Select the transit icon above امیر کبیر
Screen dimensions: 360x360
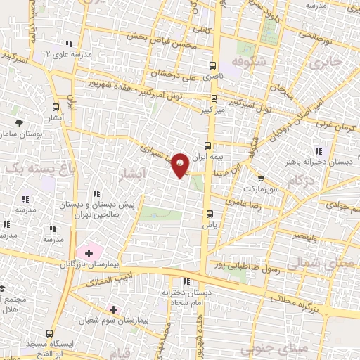pos(214,98)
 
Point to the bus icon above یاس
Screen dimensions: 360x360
pos(209,214)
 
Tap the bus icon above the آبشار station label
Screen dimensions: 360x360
pos(56,108)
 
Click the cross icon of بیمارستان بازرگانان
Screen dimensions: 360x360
pos(89,252)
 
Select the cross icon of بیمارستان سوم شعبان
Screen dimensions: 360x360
pos(113,309)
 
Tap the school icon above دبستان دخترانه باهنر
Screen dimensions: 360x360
pos(319,150)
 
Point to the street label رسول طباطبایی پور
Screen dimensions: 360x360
pos(247,269)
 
